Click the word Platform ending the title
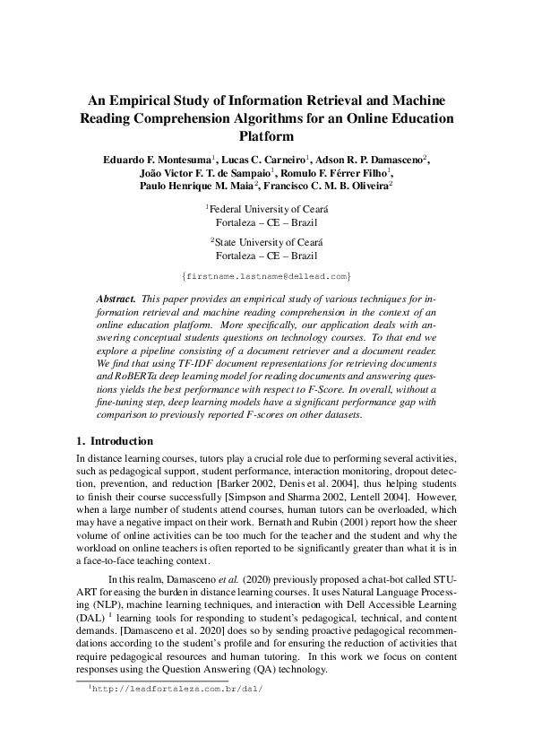(266, 137)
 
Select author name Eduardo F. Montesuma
(157, 160)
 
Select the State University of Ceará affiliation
(268, 243)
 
